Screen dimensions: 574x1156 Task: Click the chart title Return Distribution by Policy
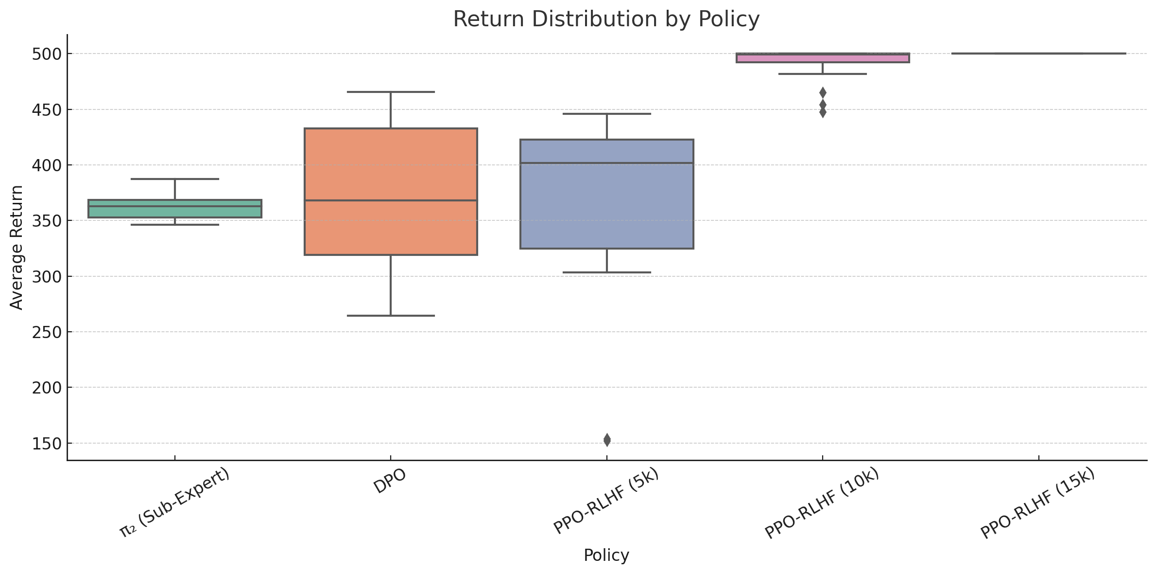[606, 19]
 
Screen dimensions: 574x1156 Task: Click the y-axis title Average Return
[17, 247]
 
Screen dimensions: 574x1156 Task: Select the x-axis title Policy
[606, 555]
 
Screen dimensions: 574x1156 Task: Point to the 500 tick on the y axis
[47, 54]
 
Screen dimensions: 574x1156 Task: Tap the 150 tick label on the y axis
[47, 444]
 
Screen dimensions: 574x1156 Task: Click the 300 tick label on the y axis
[47, 277]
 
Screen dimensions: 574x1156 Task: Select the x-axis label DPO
[390, 482]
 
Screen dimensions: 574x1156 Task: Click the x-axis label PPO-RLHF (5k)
[606, 501]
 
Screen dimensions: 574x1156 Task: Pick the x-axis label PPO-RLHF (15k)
[1037, 503]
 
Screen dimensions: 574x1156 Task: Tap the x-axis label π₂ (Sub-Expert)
[174, 502]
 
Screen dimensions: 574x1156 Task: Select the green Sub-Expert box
[174, 212]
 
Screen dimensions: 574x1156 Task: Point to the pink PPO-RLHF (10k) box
[822, 58]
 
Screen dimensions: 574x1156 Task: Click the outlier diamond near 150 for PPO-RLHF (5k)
[607, 440]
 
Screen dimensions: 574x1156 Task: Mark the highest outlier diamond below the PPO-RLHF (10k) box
[823, 92]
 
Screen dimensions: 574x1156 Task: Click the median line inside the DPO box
[391, 200]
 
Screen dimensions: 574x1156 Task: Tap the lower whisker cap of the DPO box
[391, 316]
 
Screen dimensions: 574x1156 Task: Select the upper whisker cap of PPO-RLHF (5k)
[606, 114]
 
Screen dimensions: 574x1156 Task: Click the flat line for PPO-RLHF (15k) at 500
[1038, 54]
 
